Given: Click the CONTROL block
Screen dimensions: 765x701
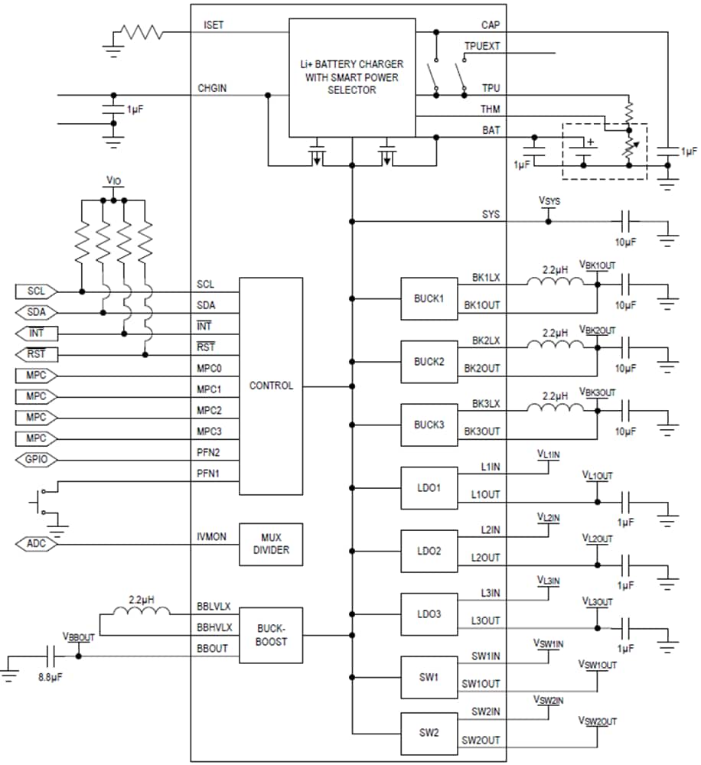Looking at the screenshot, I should pos(271,386).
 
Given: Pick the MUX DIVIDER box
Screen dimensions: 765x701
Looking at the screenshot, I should pos(271,544).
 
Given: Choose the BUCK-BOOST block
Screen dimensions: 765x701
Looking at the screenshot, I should pos(271,636).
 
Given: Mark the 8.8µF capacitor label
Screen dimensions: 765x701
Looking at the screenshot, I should pos(51,677).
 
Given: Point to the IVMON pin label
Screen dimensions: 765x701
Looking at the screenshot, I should pos(212,537).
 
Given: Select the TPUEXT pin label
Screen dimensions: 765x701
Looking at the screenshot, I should pos(481,46).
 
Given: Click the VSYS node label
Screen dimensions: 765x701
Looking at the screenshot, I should pos(549,201).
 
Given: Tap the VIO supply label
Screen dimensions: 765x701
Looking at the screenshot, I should pos(113,181).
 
